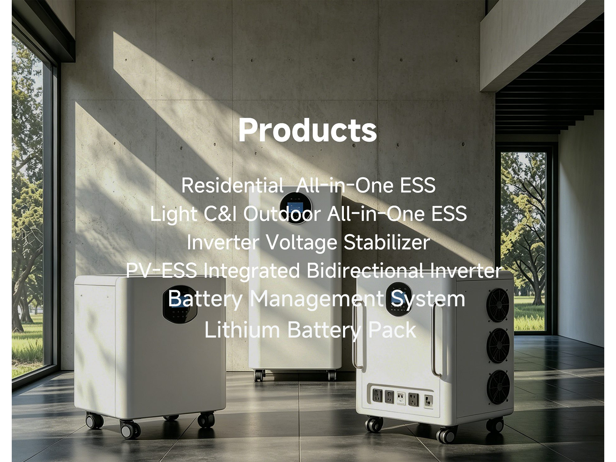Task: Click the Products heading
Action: pos(307,130)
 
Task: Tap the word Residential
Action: pos(232,185)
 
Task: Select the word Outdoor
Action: pos(282,214)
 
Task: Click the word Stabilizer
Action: pos(387,242)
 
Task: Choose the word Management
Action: pos(316,299)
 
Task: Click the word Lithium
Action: pos(242,330)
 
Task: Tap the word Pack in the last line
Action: pos(392,330)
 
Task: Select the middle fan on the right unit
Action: pos(498,346)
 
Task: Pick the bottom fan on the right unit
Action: pos(498,387)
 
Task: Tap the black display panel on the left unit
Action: pos(180,305)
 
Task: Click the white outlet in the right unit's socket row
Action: pos(401,398)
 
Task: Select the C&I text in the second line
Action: pos(220,214)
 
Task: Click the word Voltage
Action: pos(301,242)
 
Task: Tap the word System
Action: pos(428,299)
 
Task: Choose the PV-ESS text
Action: pos(161,270)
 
